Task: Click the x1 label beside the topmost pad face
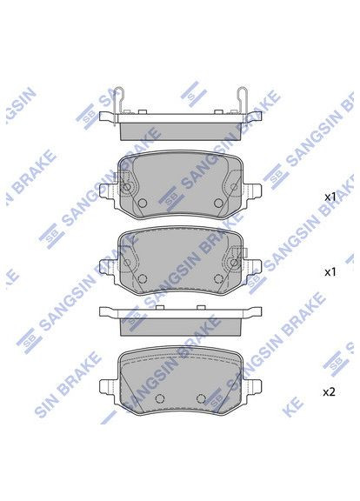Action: pyautogui.click(x=330, y=197)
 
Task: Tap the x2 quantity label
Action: pyautogui.click(x=329, y=392)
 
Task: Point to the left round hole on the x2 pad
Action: pyautogui.click(x=157, y=398)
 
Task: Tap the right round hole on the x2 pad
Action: pyautogui.click(x=201, y=398)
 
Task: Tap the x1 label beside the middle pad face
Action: pyautogui.click(x=330, y=272)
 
